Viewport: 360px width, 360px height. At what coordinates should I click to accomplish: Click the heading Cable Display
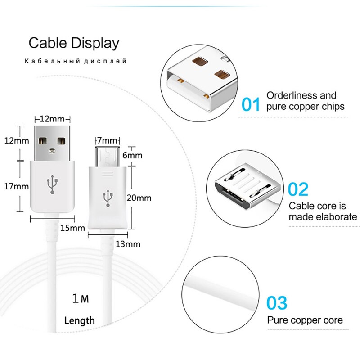[74, 43]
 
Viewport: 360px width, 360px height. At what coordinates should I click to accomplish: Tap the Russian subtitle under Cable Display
[76, 61]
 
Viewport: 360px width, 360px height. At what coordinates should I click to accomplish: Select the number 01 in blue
[251, 104]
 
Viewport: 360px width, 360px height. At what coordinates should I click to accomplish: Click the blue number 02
[298, 189]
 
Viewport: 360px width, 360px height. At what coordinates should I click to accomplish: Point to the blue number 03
[277, 303]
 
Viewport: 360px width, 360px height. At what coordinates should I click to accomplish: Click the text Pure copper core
[305, 320]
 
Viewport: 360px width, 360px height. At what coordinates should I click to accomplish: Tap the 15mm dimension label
[72, 228]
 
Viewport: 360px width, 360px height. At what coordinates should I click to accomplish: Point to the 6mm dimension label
[132, 155]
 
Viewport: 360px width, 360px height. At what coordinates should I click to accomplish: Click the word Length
[80, 320]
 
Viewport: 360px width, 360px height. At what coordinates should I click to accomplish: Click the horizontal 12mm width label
[52, 119]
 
